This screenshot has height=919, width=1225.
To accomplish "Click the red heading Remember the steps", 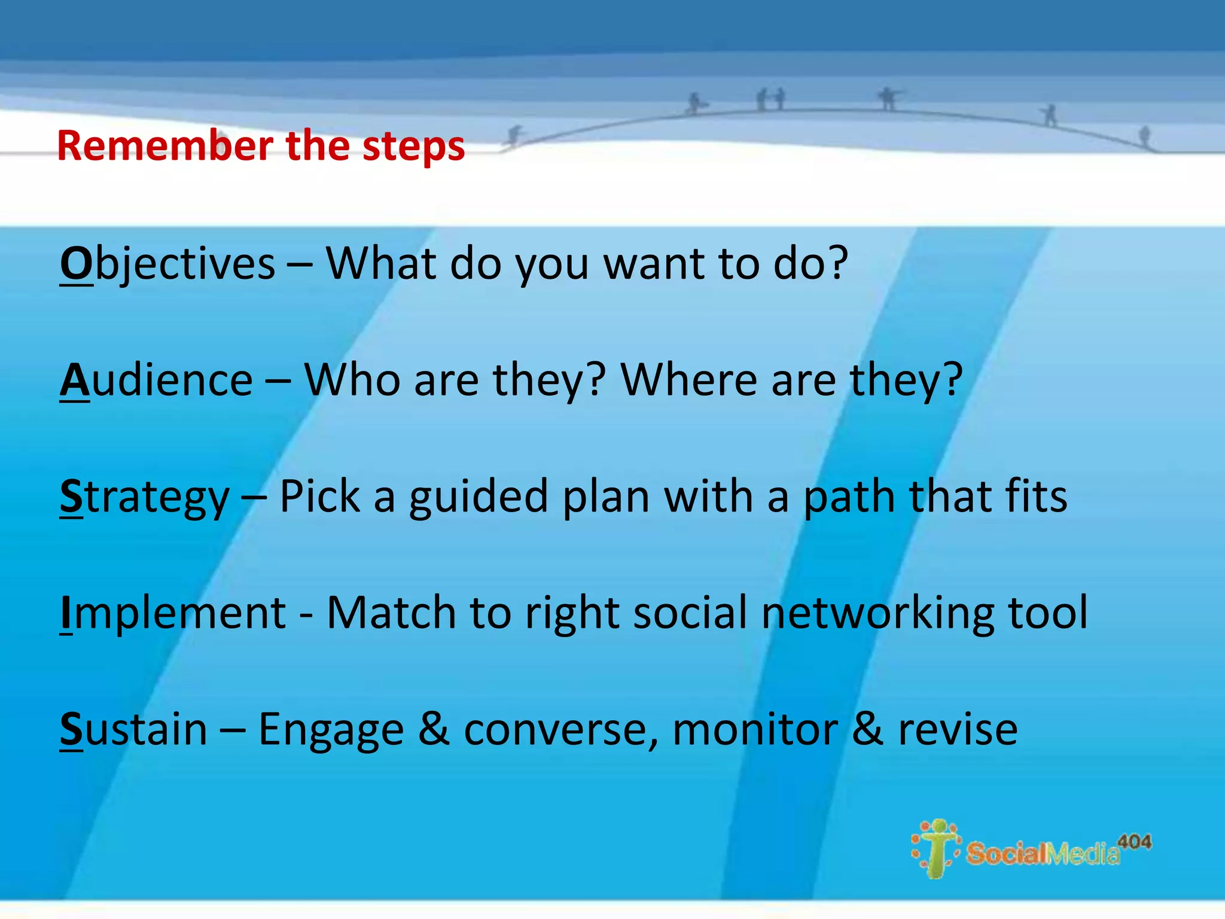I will pyautogui.click(x=261, y=146).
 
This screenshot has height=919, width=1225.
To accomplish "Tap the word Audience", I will pyautogui.click(x=157, y=380).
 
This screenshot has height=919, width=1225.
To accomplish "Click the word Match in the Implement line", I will pyautogui.click(x=392, y=613).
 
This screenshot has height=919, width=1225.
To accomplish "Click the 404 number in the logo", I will pyautogui.click(x=1134, y=842).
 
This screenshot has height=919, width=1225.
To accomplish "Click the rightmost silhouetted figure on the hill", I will pyautogui.click(x=1144, y=136).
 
